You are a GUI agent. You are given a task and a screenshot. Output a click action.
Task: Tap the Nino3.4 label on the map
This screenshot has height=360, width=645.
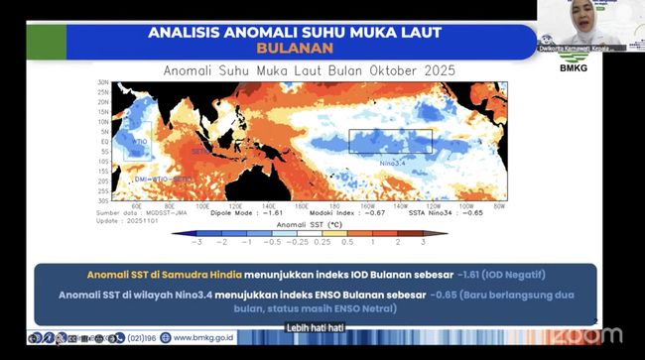pyautogui.click(x=393, y=159)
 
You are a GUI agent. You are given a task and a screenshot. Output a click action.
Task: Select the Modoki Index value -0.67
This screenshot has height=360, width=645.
pyautogui.click(x=371, y=212)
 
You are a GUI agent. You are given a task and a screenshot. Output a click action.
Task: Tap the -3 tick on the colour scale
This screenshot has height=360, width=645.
pyautogui.click(x=200, y=242)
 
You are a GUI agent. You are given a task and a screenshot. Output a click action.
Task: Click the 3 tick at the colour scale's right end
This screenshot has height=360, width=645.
pyautogui.click(x=423, y=242)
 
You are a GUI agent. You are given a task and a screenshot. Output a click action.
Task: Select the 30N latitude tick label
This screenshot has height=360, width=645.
pyautogui.click(x=103, y=82)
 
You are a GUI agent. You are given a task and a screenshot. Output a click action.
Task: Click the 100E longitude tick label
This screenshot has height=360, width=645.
pyautogui.click(x=202, y=206)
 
